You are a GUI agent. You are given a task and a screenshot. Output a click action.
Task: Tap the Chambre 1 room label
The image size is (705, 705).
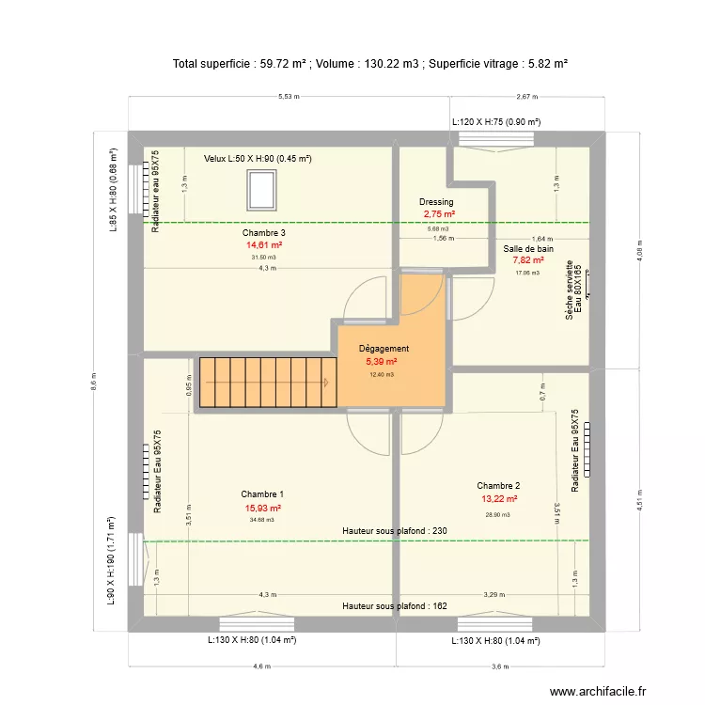(262, 494)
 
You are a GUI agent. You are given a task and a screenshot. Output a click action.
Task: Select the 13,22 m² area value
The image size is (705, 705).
(498, 499)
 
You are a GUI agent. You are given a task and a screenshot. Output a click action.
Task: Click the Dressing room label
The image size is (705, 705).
(436, 202)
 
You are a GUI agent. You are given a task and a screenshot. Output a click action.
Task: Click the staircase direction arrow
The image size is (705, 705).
(325, 382)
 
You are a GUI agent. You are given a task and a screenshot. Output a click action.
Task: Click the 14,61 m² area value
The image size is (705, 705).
(263, 244)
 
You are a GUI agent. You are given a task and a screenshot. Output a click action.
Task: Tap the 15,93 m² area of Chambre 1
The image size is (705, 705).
(262, 508)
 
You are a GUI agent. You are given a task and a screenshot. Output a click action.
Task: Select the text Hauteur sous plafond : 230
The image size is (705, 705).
(394, 531)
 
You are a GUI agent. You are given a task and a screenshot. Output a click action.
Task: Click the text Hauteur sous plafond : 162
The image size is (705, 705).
(394, 606)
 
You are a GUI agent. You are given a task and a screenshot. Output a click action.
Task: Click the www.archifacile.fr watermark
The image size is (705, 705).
(599, 691)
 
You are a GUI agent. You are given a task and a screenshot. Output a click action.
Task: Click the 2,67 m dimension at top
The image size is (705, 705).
(527, 97)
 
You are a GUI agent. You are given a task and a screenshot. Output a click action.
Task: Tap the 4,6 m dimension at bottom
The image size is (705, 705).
(261, 666)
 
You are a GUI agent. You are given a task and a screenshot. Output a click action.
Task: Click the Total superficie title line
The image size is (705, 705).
(370, 64)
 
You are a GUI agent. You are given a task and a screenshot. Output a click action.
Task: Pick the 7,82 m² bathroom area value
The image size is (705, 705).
(528, 260)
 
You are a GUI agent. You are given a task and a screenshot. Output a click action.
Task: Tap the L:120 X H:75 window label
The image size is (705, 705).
(496, 122)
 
